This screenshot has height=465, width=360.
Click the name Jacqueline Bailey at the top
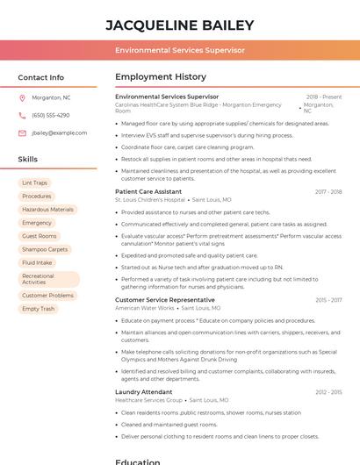[180, 25]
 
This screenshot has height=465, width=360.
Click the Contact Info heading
[40, 77]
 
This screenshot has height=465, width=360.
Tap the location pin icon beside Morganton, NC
[22, 97]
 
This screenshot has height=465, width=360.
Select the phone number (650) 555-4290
[50, 115]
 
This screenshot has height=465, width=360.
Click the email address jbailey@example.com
[59, 132]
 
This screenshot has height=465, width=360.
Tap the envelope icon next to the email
[22, 132]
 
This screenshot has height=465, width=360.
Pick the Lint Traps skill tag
[35, 182]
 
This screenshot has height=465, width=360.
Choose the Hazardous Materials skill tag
[47, 210]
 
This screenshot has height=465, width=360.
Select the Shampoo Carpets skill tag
[45, 249]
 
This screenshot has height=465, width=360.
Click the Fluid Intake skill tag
[37, 262]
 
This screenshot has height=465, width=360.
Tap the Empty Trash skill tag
[38, 309]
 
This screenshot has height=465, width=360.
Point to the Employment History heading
[161, 77]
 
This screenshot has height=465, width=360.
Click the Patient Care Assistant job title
[148, 191]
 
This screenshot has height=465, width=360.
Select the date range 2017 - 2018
[328, 191]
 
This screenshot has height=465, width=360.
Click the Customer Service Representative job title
[165, 300]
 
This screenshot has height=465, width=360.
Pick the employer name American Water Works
[145, 308]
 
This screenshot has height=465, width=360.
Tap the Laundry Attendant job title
[143, 391]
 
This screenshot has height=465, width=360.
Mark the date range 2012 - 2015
[328, 391]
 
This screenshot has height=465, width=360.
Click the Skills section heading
[27, 159]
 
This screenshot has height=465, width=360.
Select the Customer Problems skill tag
[47, 296]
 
